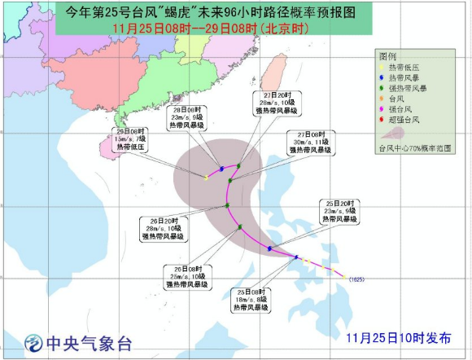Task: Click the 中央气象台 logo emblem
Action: [32, 341]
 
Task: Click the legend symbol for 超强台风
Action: [383, 120]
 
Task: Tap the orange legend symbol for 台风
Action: [383, 99]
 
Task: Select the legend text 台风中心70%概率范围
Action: [415, 149]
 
